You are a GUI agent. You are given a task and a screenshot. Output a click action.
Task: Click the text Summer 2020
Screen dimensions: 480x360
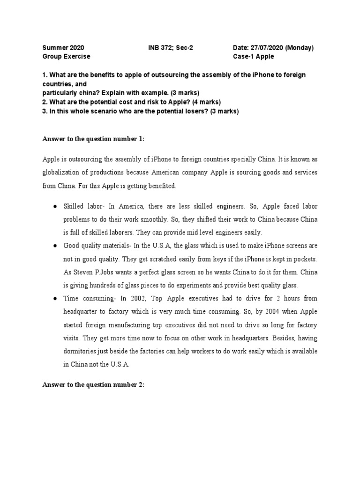pyautogui.click(x=63, y=48)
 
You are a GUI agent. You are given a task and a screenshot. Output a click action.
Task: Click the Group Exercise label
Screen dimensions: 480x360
pyautogui.click(x=66, y=57)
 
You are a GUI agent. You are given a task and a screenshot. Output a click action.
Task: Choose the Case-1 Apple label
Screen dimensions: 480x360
pyautogui.click(x=254, y=57)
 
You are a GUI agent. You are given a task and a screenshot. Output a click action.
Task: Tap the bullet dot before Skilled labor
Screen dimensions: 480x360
pyautogui.click(x=55, y=206)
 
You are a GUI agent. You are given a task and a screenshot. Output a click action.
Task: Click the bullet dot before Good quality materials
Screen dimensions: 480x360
pyautogui.click(x=55, y=246)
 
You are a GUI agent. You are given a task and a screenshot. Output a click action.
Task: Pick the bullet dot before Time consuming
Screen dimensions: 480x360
pyautogui.click(x=55, y=298)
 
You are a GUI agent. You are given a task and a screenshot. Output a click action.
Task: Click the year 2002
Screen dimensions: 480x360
pyautogui.click(x=130, y=298)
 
